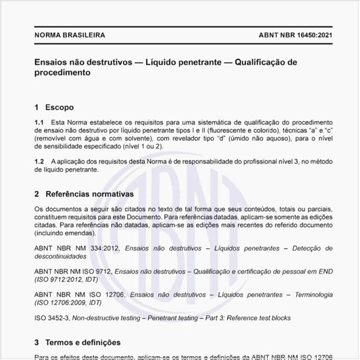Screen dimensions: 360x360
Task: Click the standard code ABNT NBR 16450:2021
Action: point(285,35)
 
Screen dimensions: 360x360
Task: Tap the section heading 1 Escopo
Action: point(54,107)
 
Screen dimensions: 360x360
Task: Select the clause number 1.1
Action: point(39,122)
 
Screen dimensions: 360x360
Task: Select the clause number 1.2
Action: point(39,161)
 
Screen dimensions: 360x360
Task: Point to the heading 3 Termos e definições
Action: point(77,342)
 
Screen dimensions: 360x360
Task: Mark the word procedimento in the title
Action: point(63,74)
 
